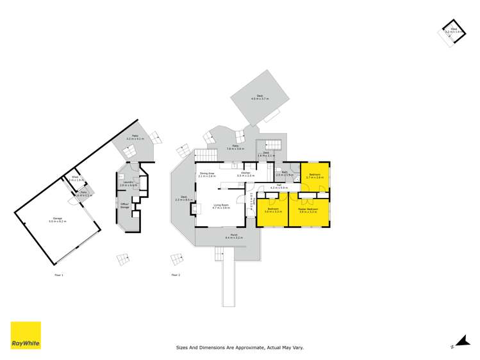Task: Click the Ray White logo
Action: [26, 335]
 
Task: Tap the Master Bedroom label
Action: [308, 209]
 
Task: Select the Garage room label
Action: [58, 220]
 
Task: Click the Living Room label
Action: [221, 206]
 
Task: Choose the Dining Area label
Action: [206, 174]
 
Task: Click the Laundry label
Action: [128, 183]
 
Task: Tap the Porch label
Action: [228, 236]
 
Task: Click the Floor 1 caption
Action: [59, 275]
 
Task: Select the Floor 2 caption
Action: [176, 275]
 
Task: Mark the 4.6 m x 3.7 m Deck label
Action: [260, 97]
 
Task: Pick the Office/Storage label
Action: [125, 205]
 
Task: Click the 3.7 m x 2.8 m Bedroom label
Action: [315, 175]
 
